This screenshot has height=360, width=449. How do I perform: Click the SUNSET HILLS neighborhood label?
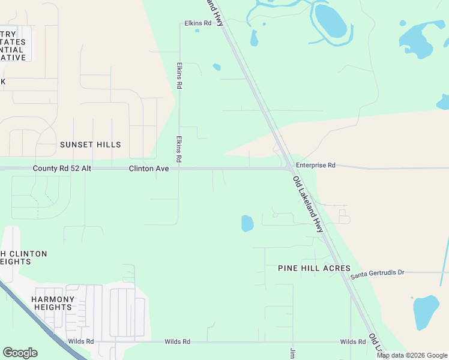click(90, 145)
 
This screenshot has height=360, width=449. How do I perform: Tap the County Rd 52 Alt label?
click(62, 169)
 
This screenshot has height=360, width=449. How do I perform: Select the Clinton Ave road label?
click(149, 169)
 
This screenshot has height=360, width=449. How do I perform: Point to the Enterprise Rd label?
click(315, 165)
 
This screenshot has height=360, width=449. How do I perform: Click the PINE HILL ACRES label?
click(314, 268)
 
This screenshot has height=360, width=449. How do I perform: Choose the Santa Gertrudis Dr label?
click(378, 272)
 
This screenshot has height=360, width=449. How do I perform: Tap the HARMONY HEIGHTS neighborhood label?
click(53, 303)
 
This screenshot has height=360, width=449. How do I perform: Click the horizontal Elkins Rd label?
click(198, 23)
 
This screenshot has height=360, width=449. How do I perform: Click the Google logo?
click(20, 353)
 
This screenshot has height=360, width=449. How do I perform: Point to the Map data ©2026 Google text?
click(412, 355)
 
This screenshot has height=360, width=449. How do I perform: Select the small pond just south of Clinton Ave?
click(247, 224)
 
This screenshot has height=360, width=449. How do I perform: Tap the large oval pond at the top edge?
click(330, 21)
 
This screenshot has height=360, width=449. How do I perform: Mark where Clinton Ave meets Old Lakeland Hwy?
click(289, 169)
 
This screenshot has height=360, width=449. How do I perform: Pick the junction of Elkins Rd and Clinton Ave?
click(179, 169)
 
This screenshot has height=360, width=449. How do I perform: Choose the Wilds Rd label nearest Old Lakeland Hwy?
click(353, 342)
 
